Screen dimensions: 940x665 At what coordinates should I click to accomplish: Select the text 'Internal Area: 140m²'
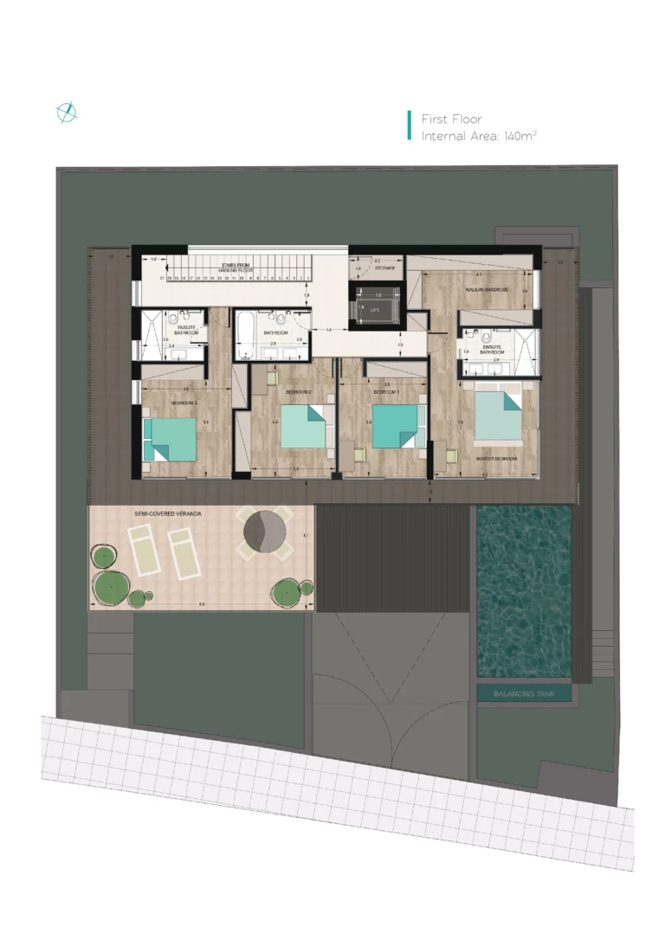(x=479, y=137)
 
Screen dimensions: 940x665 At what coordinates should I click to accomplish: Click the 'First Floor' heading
(x=451, y=119)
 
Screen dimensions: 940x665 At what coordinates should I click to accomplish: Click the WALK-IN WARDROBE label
(x=487, y=289)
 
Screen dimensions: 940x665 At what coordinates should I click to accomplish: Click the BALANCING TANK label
(x=524, y=693)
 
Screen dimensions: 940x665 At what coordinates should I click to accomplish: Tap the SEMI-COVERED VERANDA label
(x=168, y=514)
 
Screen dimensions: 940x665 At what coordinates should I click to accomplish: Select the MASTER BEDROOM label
(x=497, y=458)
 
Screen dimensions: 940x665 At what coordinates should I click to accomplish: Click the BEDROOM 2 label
(x=298, y=391)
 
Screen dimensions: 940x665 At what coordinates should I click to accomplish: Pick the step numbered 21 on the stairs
(x=162, y=278)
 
